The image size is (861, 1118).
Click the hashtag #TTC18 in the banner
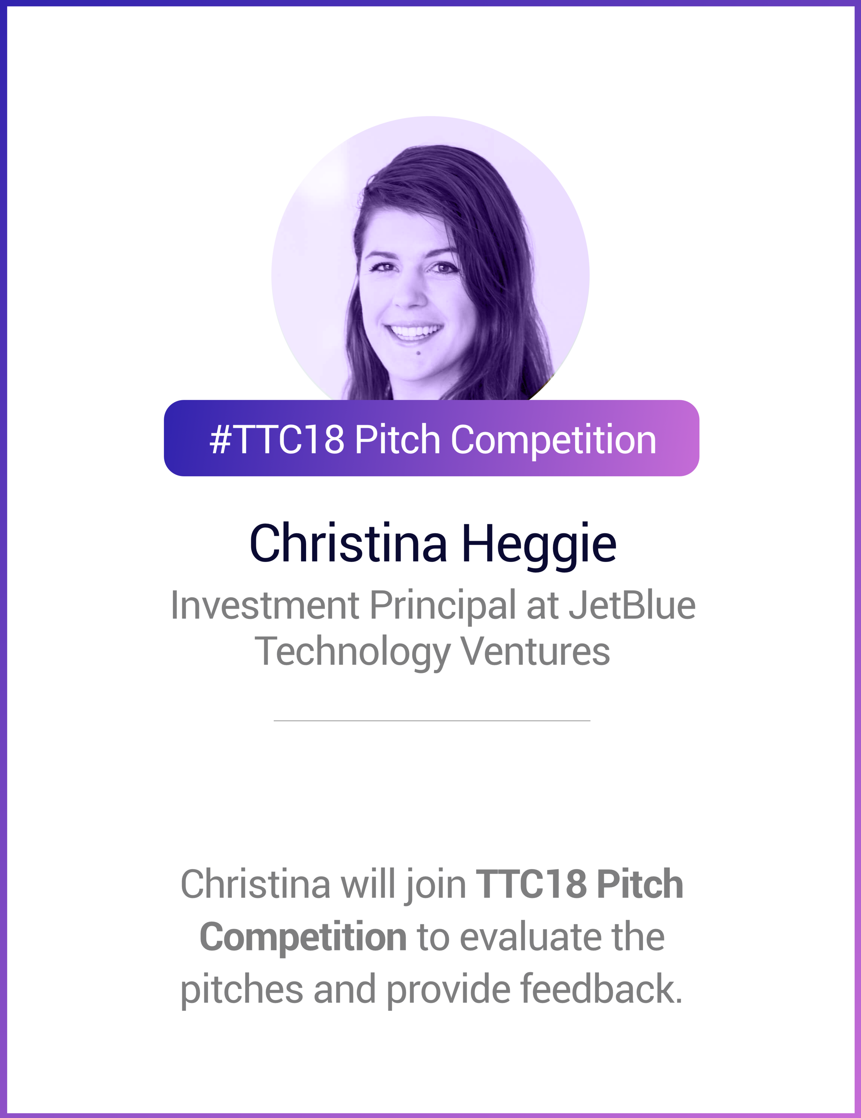tap(277, 439)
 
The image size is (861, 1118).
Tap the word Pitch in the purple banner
tap(397, 439)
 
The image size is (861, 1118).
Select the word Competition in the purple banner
tap(553, 439)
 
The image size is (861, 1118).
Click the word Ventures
tap(535, 652)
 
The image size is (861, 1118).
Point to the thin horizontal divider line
tap(432, 721)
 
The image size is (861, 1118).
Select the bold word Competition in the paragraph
tap(303, 936)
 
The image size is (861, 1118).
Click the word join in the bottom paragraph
tap(435, 884)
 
